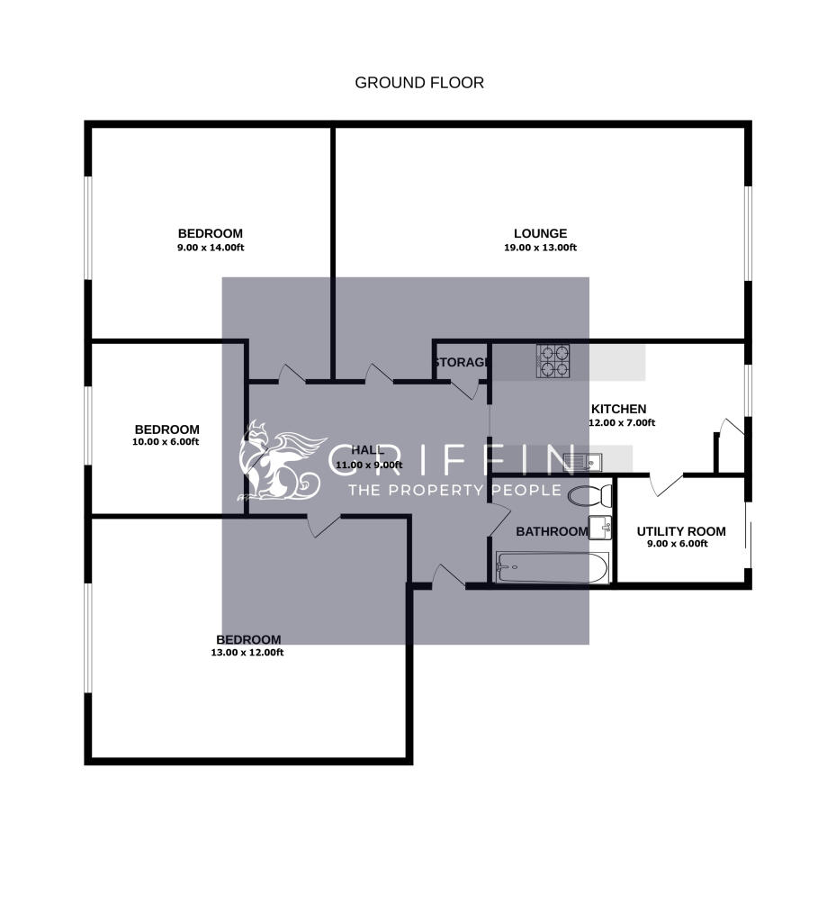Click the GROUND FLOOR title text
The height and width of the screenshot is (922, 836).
click(419, 83)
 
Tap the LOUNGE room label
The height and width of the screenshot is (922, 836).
click(540, 234)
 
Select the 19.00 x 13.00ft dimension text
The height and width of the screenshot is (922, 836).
click(540, 248)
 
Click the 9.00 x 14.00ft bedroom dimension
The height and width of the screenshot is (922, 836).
click(210, 248)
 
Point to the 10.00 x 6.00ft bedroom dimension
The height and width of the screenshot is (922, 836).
click(167, 442)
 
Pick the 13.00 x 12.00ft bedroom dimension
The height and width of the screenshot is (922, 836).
click(247, 653)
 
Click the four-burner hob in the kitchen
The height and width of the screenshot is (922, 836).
click(553, 360)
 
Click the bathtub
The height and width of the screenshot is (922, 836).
click(552, 567)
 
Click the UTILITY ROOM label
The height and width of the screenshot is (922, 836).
click(680, 531)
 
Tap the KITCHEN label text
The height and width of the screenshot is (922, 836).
click(618, 409)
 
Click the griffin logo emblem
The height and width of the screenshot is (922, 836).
click(277, 461)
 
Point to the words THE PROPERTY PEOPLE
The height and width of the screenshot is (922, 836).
click(454, 490)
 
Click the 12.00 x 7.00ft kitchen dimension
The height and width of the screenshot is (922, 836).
click(622, 422)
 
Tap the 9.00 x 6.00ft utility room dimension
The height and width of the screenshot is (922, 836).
click(678, 544)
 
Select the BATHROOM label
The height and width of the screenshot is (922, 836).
click(551, 531)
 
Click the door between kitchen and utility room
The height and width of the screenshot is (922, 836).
click(666, 484)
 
